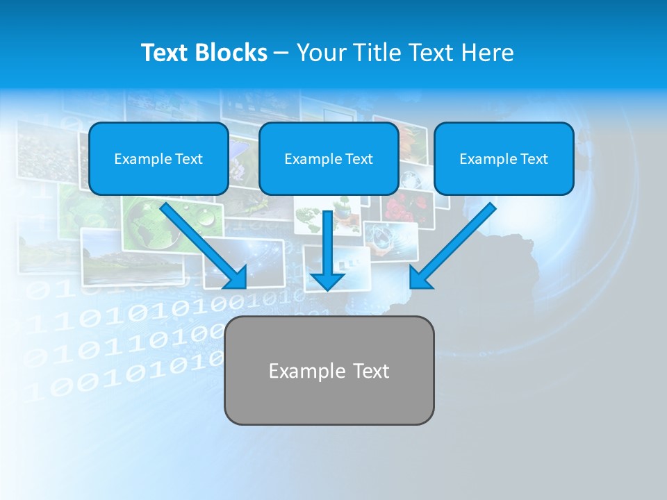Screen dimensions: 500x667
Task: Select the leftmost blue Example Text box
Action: pos(158,158)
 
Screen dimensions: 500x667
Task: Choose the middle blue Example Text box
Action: pos(329,158)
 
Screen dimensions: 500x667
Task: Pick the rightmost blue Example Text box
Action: pos(504,158)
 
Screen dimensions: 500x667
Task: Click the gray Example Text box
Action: pos(329,370)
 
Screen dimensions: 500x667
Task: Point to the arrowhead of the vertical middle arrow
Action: pos(327,281)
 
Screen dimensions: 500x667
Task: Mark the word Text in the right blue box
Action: pos(534,158)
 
